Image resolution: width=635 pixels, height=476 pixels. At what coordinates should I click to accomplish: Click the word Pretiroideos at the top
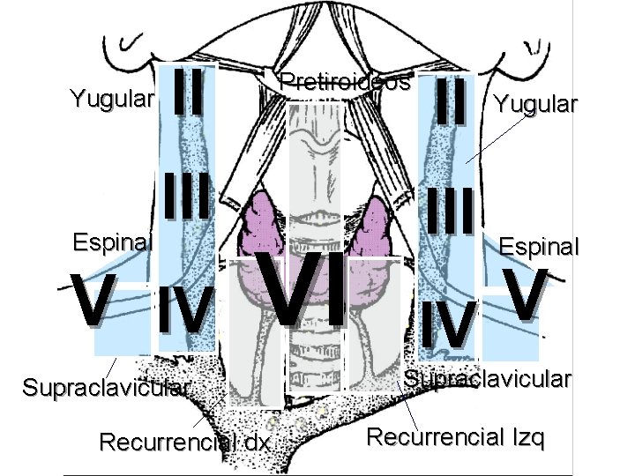tap(345, 84)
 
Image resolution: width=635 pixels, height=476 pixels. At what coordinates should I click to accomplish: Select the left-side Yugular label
tap(112, 97)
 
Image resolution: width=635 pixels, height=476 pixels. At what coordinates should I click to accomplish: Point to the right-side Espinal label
tap(540, 246)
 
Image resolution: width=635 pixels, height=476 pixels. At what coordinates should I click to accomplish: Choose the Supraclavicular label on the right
tap(488, 380)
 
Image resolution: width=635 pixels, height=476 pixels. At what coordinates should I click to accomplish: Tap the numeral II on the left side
tap(190, 93)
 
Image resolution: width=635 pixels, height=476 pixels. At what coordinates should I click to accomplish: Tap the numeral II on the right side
tap(450, 100)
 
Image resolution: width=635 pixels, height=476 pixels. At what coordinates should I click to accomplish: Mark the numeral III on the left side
tap(188, 197)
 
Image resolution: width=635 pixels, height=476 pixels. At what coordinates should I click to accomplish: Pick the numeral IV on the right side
tap(449, 323)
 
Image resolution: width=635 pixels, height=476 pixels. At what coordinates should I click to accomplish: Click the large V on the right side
tap(526, 293)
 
